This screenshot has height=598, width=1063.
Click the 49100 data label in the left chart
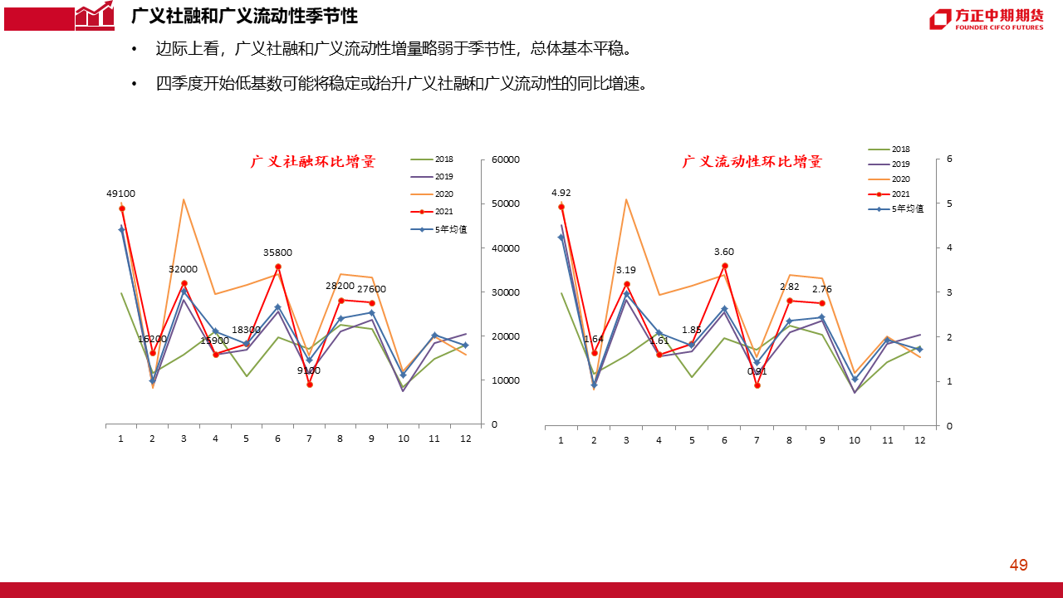pos(120,194)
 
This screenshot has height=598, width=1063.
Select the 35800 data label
pos(277,252)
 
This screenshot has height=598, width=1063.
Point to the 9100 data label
pos(308,370)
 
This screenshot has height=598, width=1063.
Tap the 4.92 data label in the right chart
pos(561,194)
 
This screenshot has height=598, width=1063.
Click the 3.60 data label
pos(724,252)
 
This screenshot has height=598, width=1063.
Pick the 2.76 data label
pos(822,289)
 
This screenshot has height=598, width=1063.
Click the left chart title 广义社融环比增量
pos(313,162)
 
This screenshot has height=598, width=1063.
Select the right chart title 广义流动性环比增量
pos(752,162)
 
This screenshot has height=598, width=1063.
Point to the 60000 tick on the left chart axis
pos(506,159)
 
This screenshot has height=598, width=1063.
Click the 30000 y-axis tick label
pos(506,292)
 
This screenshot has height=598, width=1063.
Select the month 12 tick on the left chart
pos(465,439)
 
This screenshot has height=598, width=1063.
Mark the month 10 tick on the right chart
pos(855,440)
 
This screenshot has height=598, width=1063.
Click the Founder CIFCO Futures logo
pos(986,19)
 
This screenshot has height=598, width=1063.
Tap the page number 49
pos(1018,566)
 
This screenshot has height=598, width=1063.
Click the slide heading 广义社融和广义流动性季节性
pos(245,16)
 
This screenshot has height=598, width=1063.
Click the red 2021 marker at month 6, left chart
pos(277,267)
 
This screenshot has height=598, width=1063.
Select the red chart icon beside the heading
pos(94,16)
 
